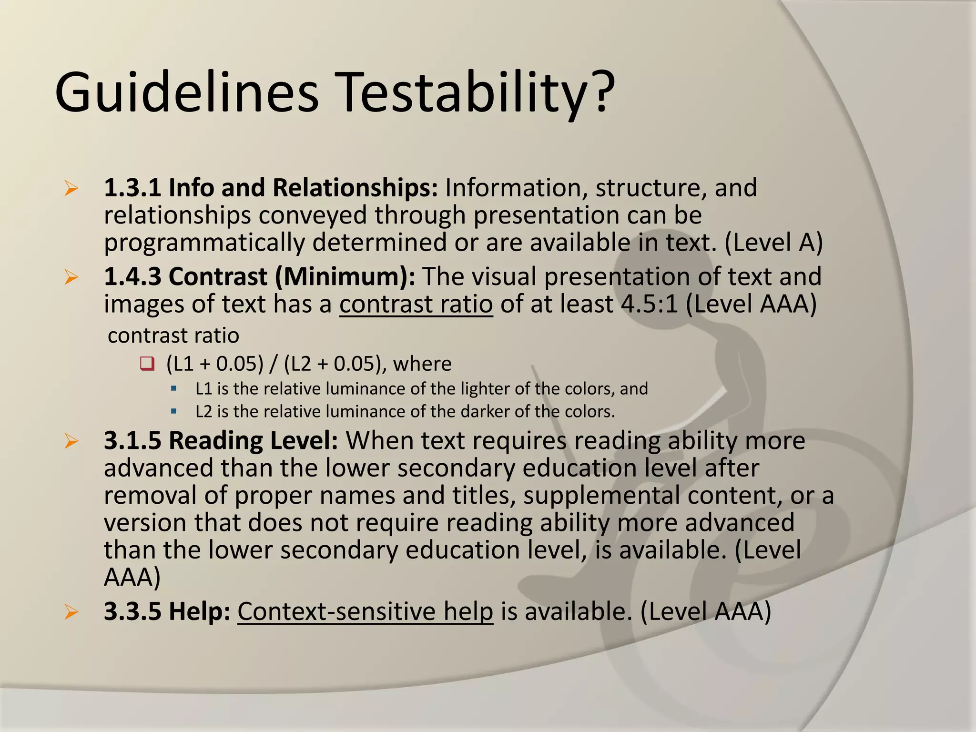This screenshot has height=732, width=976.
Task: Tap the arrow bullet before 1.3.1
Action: point(71,189)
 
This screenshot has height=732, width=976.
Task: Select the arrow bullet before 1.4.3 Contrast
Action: point(71,277)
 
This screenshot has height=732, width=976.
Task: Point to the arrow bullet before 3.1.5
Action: point(71,441)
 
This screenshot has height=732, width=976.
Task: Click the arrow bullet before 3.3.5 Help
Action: point(71,612)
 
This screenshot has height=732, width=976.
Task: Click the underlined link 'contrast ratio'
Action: point(416,304)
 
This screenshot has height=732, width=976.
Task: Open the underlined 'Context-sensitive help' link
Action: point(365,611)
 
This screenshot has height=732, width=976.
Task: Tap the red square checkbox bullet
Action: point(147,364)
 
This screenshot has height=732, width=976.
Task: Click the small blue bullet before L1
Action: point(173,389)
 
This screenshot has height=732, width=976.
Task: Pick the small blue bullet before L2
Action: point(173,411)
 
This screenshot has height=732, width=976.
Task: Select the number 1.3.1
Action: point(132,188)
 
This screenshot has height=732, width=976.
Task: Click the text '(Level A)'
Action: point(773,242)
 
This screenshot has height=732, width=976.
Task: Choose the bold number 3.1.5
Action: point(132,441)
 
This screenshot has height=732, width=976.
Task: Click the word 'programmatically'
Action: point(204,243)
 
